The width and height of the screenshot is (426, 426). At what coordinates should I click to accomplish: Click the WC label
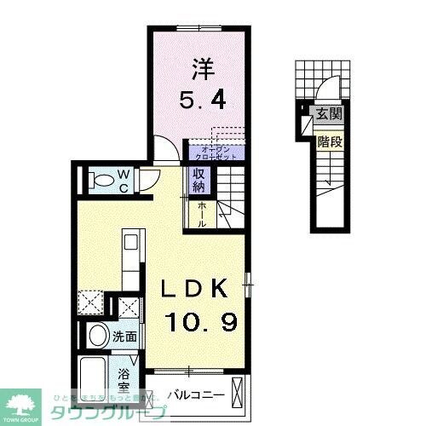click(x=123, y=179)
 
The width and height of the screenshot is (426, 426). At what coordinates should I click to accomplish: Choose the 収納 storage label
click(x=199, y=180)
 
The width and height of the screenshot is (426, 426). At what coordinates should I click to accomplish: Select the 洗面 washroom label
click(x=125, y=337)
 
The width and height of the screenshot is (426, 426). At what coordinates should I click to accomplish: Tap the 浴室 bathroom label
click(x=124, y=378)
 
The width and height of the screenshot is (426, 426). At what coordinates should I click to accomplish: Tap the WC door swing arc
click(x=150, y=176)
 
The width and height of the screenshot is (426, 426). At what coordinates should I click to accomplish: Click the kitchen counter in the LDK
click(x=129, y=260)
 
